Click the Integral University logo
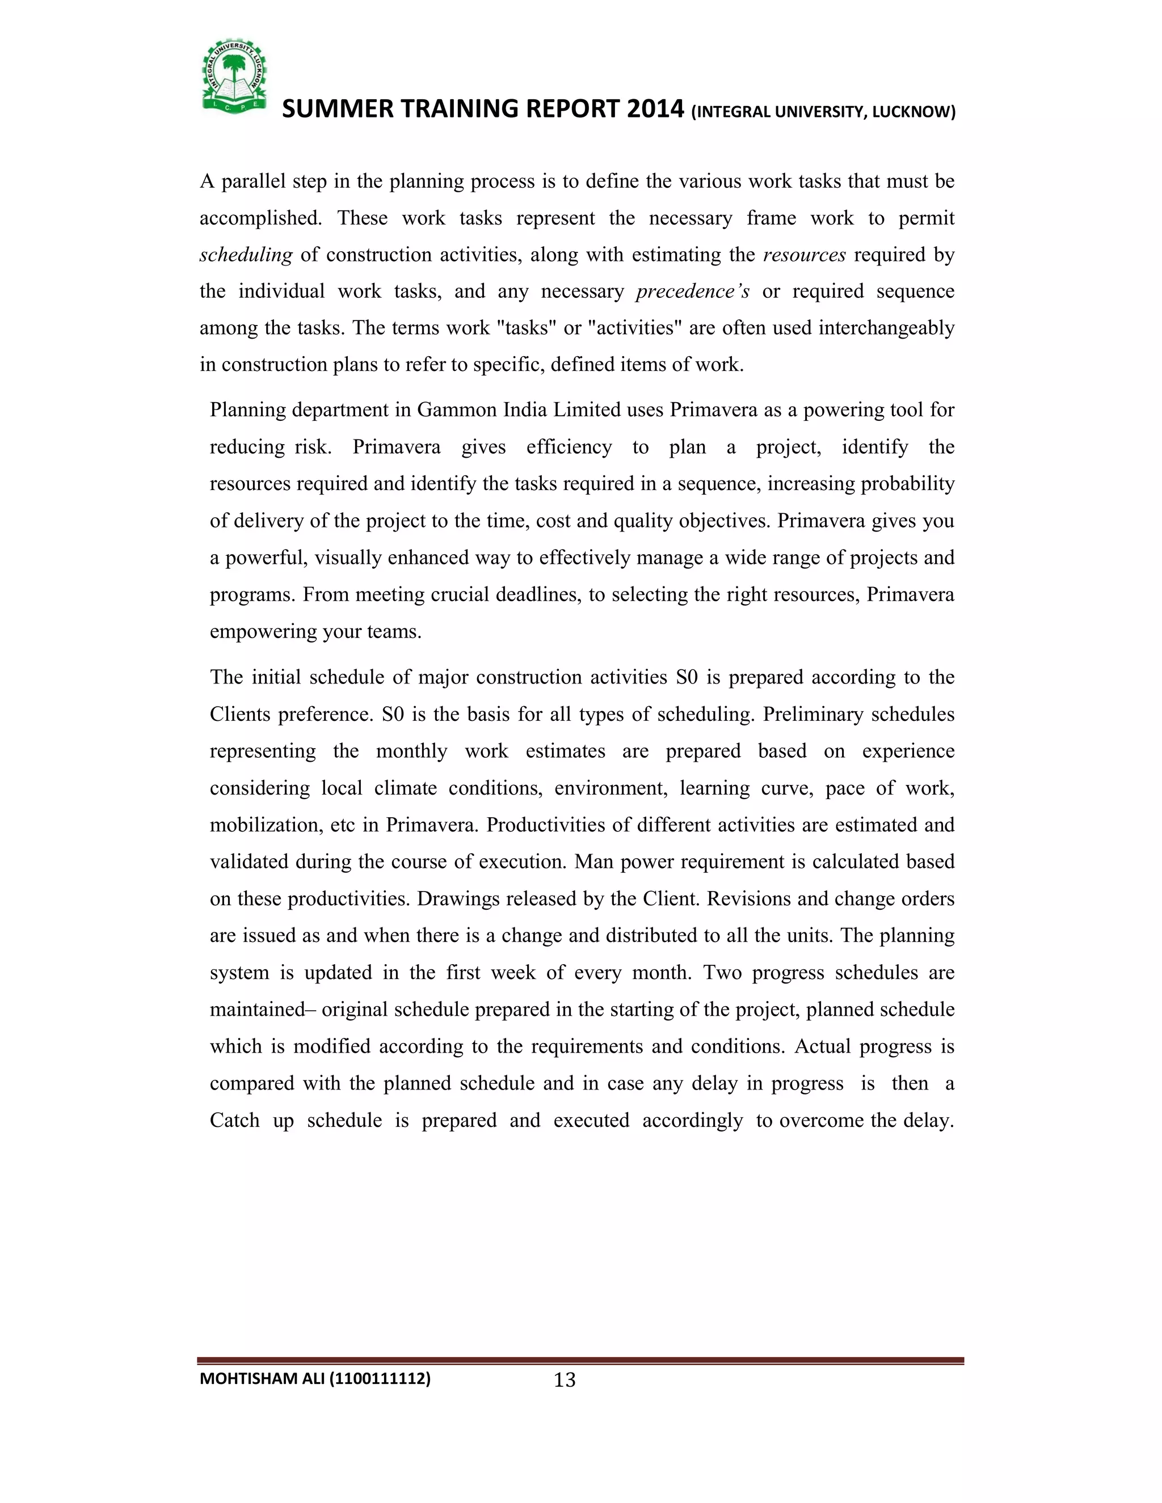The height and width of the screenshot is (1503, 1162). pos(234,75)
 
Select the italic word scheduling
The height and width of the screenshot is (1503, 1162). pos(246,255)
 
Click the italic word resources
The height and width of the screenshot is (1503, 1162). pos(804,255)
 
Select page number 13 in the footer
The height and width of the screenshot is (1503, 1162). pos(565,1380)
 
